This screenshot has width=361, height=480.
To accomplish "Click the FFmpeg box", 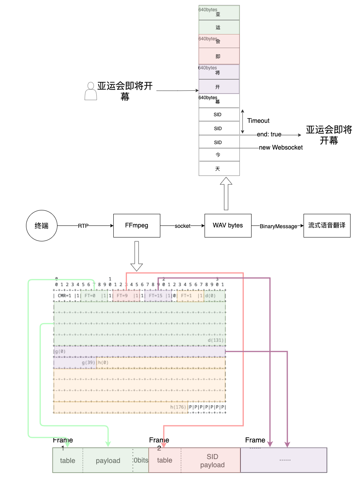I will click(x=137, y=225).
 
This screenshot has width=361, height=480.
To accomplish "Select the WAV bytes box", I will click(x=228, y=225).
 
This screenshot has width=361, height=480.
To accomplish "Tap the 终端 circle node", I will click(x=42, y=225).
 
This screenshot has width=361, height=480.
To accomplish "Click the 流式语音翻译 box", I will click(x=327, y=225).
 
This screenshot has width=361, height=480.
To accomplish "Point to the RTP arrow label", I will click(x=83, y=226).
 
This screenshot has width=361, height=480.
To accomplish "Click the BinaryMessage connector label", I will click(x=278, y=226).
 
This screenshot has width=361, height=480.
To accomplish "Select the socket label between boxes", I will click(x=182, y=226).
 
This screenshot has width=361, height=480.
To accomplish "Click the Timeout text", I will click(x=258, y=121).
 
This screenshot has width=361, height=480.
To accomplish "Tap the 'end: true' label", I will click(x=269, y=134).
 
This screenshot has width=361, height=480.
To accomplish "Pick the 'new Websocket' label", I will click(x=281, y=147).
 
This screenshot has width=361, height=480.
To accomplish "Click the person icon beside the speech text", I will click(x=90, y=91).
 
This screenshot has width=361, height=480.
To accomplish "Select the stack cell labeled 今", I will click(x=218, y=155).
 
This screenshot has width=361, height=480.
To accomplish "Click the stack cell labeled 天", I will click(x=218, y=169).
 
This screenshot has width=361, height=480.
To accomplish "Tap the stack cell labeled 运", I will click(x=218, y=28).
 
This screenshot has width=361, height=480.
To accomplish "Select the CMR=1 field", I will click(x=64, y=296).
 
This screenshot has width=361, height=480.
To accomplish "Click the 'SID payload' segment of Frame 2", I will click(x=212, y=461).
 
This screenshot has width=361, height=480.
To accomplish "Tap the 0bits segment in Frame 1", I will click(x=141, y=460).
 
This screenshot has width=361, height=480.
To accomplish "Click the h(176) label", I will click(x=178, y=407).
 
